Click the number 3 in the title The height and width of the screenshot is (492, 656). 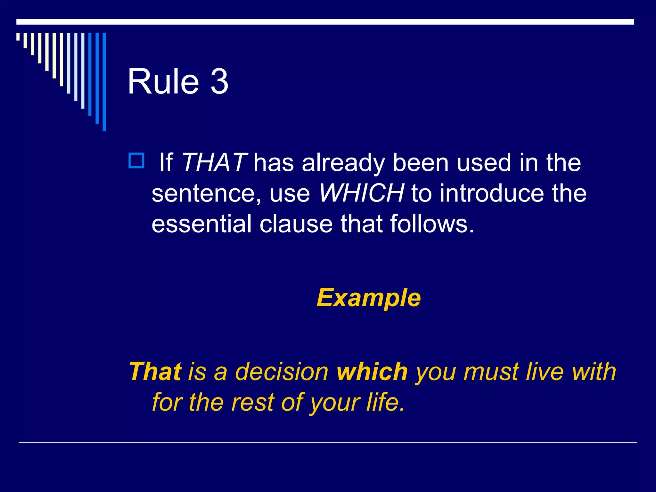[219, 82]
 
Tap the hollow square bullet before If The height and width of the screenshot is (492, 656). [136, 161]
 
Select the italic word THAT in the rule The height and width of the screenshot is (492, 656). [214, 163]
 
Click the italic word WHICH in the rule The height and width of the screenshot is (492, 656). [361, 193]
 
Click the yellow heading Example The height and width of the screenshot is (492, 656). [368, 298]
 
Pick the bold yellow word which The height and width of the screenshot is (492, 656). [372, 372]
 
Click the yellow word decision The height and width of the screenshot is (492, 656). [282, 372]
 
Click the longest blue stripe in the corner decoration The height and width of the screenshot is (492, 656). [104, 82]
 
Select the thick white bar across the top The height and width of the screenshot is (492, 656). [325, 22]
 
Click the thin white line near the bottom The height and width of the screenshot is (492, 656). [328, 443]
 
